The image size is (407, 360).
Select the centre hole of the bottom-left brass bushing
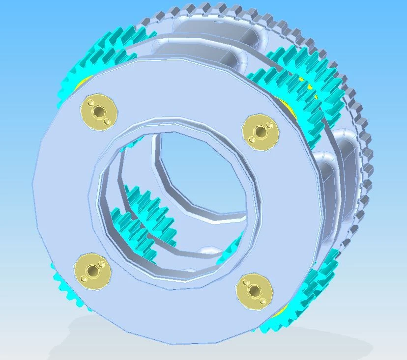coord(92,270)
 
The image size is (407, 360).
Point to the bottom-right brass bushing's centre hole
coord(254,291)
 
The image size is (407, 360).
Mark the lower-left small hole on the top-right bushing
coord(252,139)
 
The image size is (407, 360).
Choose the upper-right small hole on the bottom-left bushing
coord(102,264)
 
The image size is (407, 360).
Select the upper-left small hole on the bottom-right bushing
coord(246,282)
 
